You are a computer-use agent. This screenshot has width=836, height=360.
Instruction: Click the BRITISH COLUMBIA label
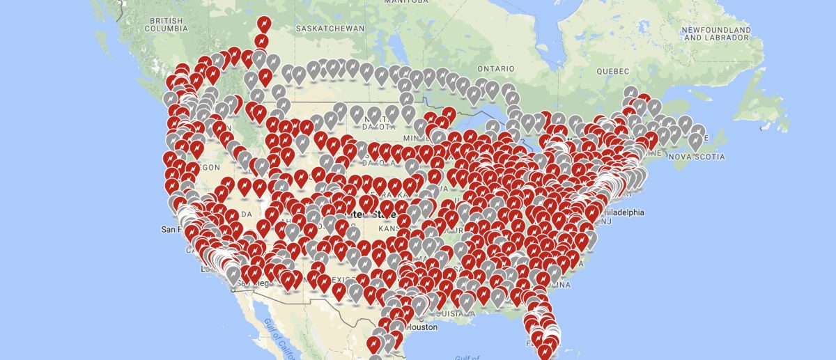[x=165, y=25]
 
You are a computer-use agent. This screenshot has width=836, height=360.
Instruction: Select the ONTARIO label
[x=495, y=69]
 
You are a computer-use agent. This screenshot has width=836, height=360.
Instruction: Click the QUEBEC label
[x=612, y=71]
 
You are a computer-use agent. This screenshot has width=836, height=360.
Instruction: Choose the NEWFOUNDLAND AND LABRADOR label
[x=716, y=34]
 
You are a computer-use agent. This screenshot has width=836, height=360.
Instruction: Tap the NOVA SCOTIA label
[x=696, y=157]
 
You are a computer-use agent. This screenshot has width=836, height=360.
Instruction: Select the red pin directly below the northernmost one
[x=263, y=42]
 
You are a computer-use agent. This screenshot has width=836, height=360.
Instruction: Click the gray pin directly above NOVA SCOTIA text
[x=695, y=141]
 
